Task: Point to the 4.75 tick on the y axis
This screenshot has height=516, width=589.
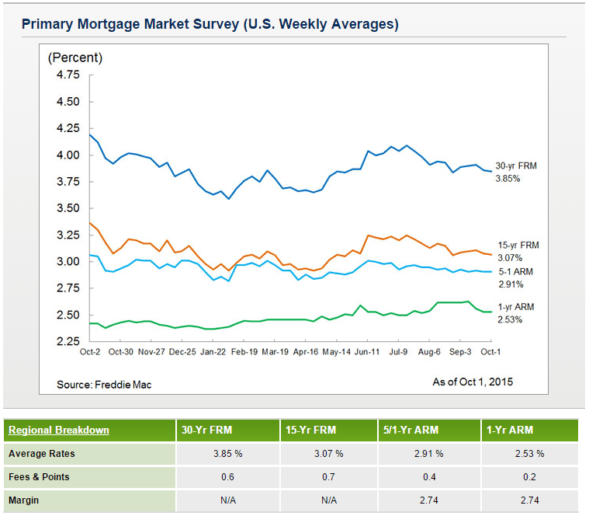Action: pyautogui.click(x=68, y=75)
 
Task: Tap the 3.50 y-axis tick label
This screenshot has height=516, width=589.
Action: pyautogui.click(x=68, y=208)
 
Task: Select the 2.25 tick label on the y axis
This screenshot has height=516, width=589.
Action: pyautogui.click(x=68, y=341)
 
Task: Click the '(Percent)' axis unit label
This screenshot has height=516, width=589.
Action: pyautogui.click(x=75, y=58)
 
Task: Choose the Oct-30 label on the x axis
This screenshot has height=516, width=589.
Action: pyautogui.click(x=120, y=351)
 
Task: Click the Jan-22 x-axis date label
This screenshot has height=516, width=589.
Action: pyautogui.click(x=213, y=351)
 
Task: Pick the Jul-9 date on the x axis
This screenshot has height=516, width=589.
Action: pyautogui.click(x=397, y=351)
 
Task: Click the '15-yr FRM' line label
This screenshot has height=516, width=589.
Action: pyautogui.click(x=518, y=246)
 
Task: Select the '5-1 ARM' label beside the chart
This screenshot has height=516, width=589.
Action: pyautogui.click(x=515, y=271)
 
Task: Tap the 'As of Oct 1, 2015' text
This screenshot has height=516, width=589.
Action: pyautogui.click(x=473, y=382)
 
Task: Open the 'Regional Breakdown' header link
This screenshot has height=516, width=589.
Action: pyautogui.click(x=58, y=431)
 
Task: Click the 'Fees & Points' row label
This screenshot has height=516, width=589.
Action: pyautogui.click(x=39, y=477)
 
